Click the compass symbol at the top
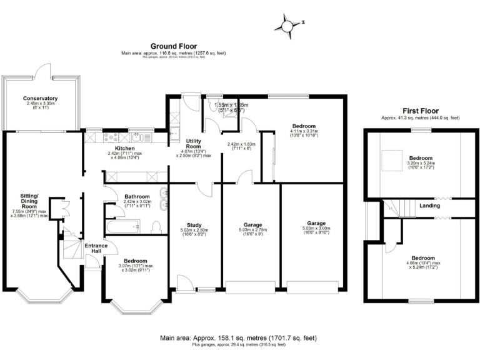pos(287,26)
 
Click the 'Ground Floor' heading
pos(173,46)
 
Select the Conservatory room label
pos(40,98)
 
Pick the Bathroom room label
pos(136,195)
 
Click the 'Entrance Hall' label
pos(96,249)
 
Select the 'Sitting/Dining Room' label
pos(27,203)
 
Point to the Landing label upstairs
pos(429,206)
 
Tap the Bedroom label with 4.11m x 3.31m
pos(303,126)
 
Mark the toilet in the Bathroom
pos(156,227)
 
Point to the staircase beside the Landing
pos(393,206)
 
